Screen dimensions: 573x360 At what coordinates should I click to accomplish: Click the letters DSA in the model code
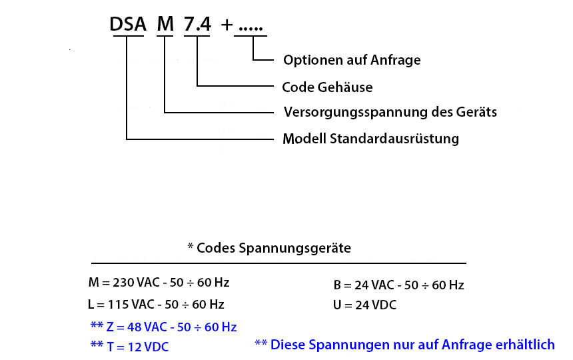(x=128, y=24)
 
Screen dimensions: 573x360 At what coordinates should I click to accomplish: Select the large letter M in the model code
(x=165, y=24)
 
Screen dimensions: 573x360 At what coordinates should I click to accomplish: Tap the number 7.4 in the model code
(x=197, y=24)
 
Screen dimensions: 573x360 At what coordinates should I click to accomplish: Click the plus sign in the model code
(x=227, y=25)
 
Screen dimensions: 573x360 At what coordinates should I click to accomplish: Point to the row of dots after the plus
(x=251, y=29)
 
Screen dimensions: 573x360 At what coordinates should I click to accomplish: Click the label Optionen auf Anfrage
(x=352, y=60)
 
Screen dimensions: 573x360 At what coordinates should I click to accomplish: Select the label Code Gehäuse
(x=327, y=87)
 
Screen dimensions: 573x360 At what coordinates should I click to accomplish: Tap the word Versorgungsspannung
(x=355, y=112)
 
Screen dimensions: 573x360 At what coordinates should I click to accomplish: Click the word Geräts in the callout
(x=476, y=112)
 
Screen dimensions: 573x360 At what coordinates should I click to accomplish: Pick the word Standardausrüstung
(x=394, y=139)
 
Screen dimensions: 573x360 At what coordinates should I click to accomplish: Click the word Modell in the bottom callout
(x=304, y=139)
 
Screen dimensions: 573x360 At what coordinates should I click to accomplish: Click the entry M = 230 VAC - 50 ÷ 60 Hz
(x=159, y=283)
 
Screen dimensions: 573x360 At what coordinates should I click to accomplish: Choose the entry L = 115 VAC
(x=156, y=305)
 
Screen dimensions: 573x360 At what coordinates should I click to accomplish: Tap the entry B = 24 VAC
(x=398, y=285)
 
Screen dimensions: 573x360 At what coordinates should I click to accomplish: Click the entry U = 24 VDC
(x=364, y=305)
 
